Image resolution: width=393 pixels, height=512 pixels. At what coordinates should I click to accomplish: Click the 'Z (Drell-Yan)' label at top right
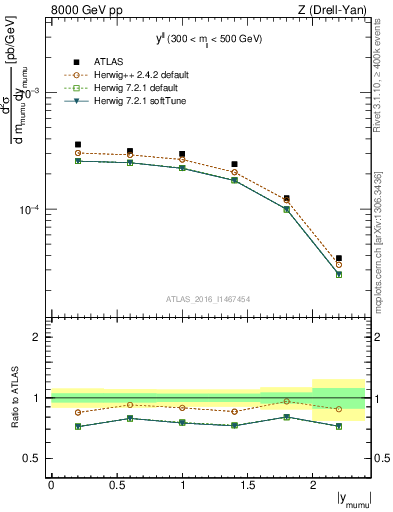330,9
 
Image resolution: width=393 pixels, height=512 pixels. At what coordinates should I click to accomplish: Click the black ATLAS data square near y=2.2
339,258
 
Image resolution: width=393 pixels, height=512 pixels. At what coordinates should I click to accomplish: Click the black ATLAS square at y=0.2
78,145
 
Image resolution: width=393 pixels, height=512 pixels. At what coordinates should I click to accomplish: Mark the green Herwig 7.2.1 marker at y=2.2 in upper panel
339,274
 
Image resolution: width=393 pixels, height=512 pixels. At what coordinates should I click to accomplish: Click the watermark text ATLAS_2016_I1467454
208,299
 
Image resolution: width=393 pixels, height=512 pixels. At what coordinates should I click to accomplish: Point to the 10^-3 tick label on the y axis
32,92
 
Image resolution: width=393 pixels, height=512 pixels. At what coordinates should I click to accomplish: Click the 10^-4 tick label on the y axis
32,210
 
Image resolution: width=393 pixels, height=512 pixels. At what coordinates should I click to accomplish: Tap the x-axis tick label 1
182,485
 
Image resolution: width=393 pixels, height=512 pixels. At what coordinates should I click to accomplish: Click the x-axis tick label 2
313,485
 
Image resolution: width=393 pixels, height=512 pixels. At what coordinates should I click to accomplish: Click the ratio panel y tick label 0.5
35,458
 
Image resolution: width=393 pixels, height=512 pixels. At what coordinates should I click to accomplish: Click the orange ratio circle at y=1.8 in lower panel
287,401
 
